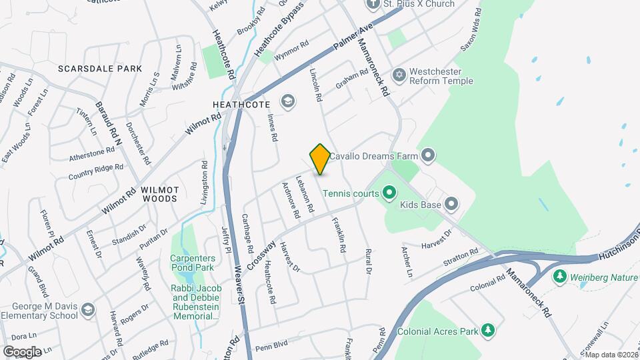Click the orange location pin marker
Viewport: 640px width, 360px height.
coord(320,159)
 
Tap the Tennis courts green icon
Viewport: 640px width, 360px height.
coord(389,194)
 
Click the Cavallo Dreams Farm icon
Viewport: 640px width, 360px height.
coord(428,157)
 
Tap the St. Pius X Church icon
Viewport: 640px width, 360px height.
coord(373,4)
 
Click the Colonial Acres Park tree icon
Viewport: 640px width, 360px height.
coord(489,330)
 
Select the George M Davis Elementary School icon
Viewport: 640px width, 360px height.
coord(89,309)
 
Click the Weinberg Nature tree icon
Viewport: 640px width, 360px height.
coord(561,275)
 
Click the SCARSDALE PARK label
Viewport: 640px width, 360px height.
coord(100,69)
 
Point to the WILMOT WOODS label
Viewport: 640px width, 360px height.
coord(159,194)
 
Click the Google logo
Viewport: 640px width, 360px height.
coord(22,351)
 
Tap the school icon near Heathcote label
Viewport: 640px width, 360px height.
coord(288,101)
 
